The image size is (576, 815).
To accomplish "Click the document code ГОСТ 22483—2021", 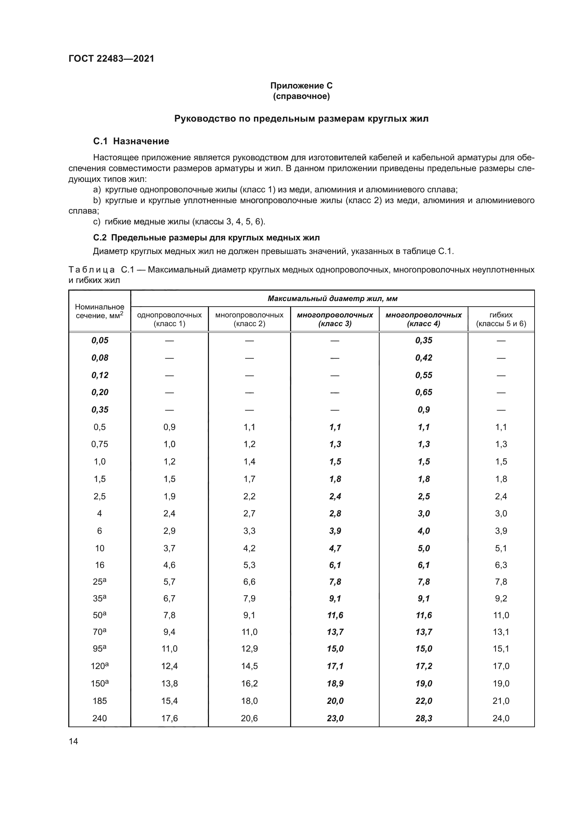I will coord(111,59).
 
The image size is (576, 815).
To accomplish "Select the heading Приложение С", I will coord(301,86).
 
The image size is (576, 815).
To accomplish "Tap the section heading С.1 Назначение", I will coord(131,141).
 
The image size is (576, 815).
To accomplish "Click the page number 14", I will coord(73,741).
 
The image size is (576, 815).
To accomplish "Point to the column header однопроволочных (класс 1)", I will coord(169,319).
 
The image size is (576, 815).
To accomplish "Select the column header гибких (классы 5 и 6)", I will coord(501,319).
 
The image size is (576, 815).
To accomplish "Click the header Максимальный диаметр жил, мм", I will coord(332,299).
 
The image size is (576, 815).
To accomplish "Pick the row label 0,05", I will coord(100,340).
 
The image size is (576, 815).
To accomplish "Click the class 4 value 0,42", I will coord(423,358).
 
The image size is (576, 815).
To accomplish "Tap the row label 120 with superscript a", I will coord(100,666).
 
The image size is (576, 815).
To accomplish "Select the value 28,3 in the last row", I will coord(423,718).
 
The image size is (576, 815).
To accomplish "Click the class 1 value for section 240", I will coord(169,718).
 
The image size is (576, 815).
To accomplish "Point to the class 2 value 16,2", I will coord(249,684).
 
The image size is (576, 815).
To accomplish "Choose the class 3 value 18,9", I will coord(335,684).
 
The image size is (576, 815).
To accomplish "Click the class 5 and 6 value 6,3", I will coord(501,565).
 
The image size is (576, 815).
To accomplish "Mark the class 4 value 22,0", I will coord(423,701).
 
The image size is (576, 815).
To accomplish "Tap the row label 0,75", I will coord(100,444).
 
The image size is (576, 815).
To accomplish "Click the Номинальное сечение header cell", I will coord(100,311).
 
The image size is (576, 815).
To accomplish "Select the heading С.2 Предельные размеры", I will coord(207,238).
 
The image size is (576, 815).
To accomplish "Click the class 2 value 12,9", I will coord(249,649).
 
